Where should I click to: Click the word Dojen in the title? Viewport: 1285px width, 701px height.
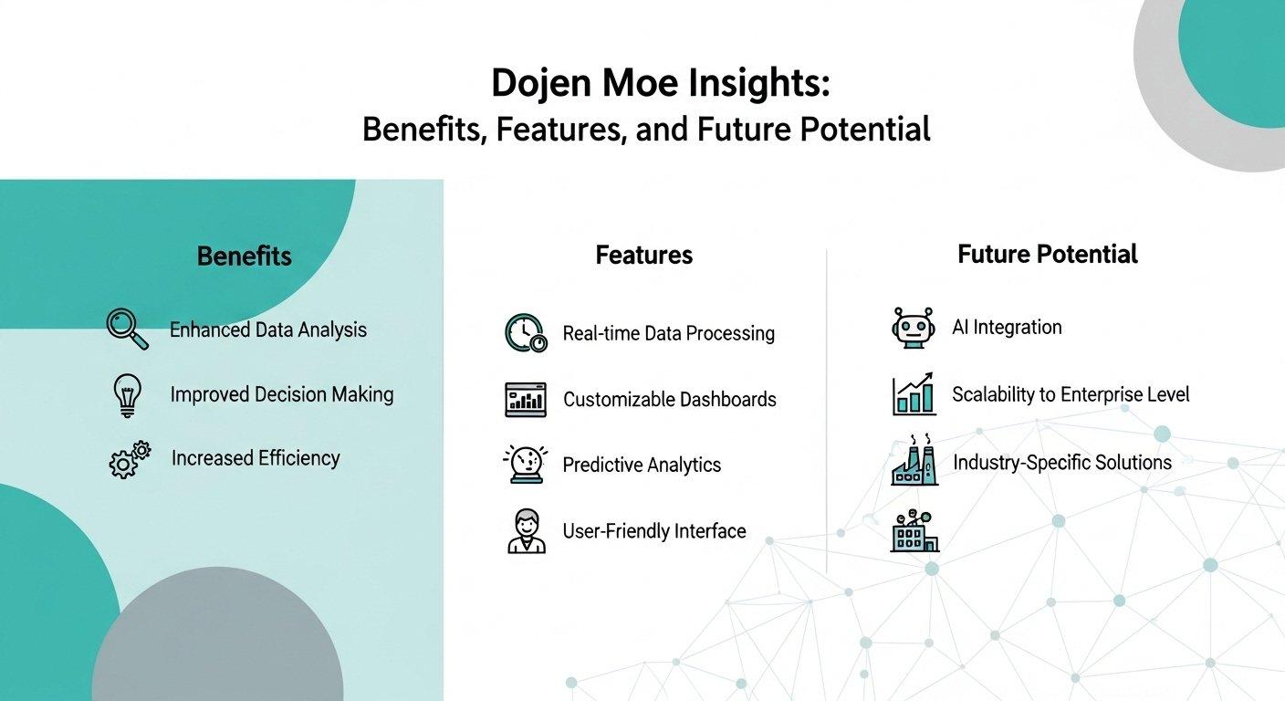click(541, 84)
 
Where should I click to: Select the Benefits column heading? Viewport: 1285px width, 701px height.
click(245, 256)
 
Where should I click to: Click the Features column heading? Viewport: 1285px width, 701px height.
click(643, 255)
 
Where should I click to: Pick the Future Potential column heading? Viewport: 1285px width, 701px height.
click(1048, 254)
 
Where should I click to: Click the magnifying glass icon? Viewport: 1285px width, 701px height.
click(128, 329)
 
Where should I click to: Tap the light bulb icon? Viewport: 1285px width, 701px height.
click(128, 395)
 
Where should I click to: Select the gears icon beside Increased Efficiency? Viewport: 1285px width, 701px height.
click(130, 459)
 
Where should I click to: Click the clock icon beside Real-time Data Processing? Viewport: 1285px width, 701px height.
click(526, 333)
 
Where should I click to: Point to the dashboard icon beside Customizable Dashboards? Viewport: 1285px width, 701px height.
click(526, 399)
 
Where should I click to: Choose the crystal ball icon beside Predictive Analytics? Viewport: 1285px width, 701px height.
click(526, 464)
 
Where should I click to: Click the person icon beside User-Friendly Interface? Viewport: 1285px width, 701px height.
click(527, 530)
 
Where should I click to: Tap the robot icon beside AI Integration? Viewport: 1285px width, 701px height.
click(914, 328)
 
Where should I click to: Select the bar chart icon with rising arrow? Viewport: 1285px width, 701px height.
click(914, 393)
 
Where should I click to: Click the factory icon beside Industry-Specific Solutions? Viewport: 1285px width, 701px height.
click(914, 460)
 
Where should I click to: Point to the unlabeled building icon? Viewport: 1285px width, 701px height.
click(914, 530)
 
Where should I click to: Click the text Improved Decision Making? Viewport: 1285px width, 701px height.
click(282, 394)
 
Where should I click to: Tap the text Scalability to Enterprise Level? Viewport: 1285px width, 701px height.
click(1071, 394)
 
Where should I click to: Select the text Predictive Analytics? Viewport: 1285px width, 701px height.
click(642, 465)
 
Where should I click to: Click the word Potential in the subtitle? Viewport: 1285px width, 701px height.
click(865, 129)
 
